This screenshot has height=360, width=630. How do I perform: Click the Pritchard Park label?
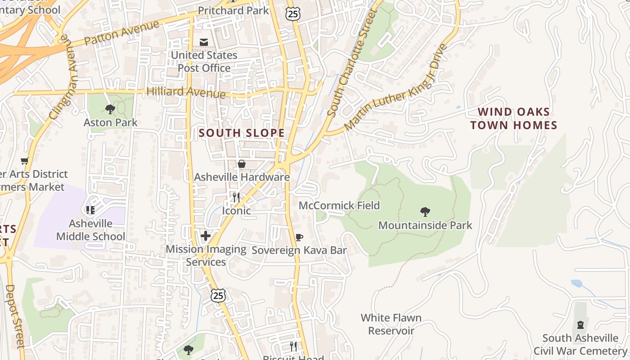(233, 10)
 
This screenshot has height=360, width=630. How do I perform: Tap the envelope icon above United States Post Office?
(204, 42)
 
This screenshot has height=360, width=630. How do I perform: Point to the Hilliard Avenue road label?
(186, 92)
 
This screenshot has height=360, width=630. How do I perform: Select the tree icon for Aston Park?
(110, 109)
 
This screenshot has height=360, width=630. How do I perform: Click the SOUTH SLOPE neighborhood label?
(242, 133)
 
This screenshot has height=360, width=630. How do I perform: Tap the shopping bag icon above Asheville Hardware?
(242, 164)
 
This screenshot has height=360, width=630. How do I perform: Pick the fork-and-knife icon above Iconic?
(236, 197)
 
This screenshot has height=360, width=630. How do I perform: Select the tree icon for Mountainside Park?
(425, 211)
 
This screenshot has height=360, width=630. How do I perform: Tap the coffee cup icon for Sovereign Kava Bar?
(299, 237)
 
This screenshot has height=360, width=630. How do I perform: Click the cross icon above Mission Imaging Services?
(206, 236)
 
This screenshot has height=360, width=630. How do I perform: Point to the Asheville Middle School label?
(90, 230)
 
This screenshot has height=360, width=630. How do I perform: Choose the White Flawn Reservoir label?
(391, 324)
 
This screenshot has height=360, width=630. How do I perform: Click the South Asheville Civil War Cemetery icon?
(580, 325)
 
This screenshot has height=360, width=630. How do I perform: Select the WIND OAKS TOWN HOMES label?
(513, 118)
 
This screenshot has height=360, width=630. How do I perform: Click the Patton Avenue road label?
(122, 32)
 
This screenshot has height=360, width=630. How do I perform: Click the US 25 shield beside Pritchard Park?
(292, 14)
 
